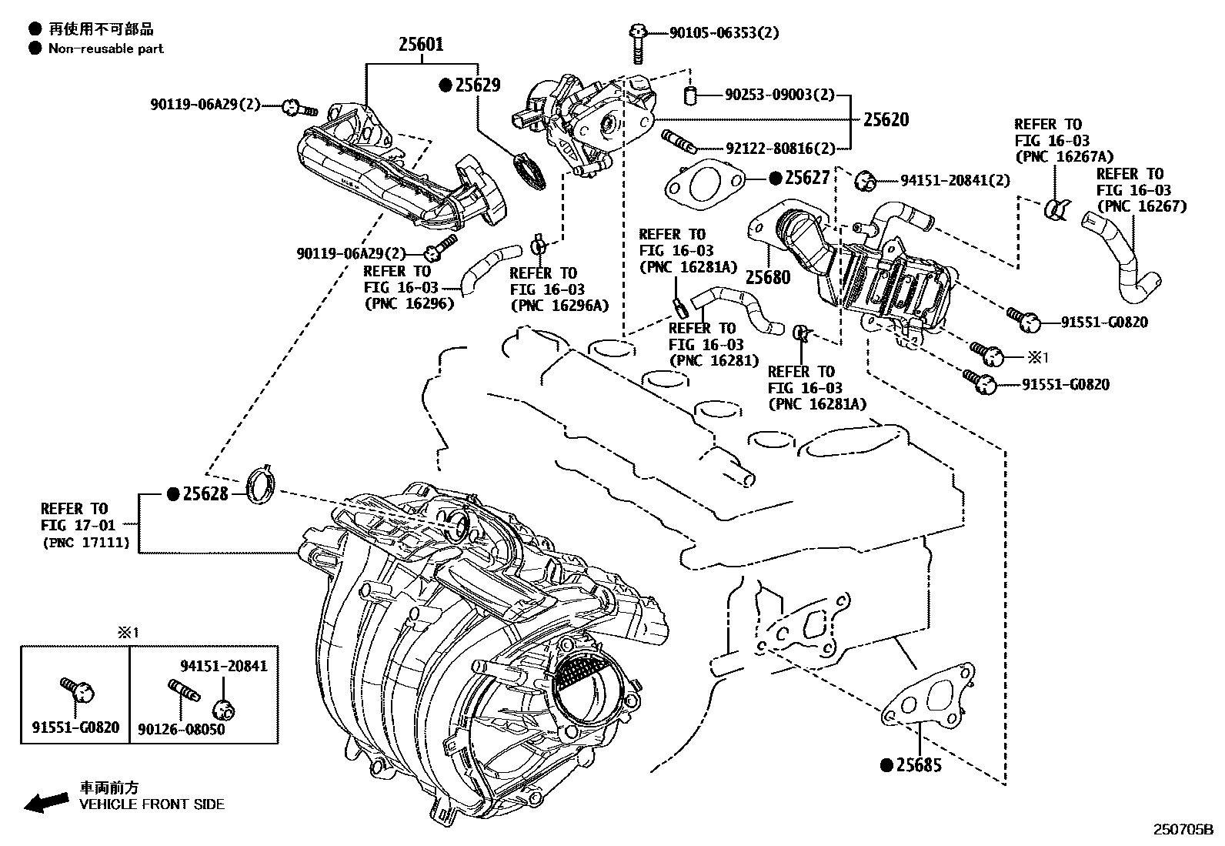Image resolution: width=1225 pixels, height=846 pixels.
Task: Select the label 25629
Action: tap(477, 85)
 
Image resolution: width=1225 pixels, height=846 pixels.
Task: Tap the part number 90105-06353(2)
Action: tap(723, 32)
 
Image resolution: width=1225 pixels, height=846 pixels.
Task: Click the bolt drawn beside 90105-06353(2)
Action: tap(637, 43)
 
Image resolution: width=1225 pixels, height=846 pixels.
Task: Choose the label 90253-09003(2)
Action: tap(779, 95)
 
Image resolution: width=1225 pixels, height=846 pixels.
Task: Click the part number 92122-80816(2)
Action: tap(779, 149)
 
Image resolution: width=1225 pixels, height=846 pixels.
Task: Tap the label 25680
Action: tap(768, 276)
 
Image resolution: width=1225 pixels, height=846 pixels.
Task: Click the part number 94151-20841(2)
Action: tap(955, 180)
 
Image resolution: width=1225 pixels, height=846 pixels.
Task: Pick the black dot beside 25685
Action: tap(886, 765)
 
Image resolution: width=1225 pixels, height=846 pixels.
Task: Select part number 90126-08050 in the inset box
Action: tap(182, 728)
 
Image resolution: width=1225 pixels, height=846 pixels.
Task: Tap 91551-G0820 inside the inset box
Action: tap(75, 727)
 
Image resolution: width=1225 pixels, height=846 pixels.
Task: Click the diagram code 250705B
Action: tap(1181, 829)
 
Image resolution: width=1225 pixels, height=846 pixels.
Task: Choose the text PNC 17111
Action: tap(90, 542)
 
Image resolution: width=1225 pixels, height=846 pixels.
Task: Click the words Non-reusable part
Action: tap(105, 48)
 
